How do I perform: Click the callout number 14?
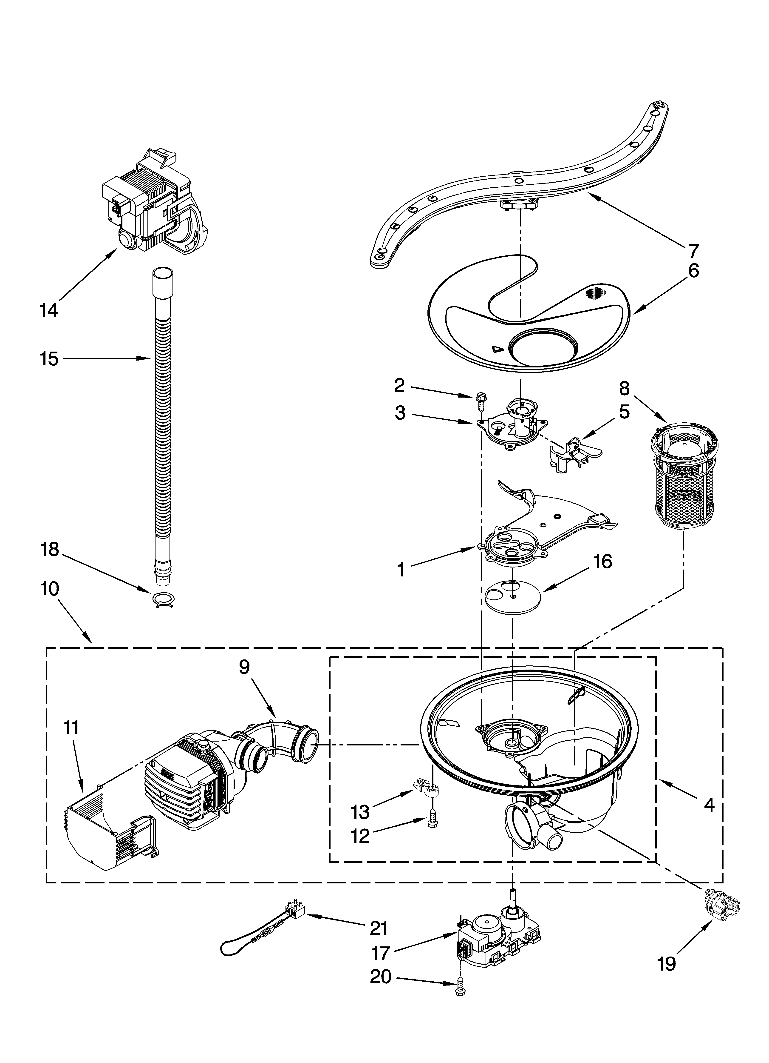49,311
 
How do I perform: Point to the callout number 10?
50,589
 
